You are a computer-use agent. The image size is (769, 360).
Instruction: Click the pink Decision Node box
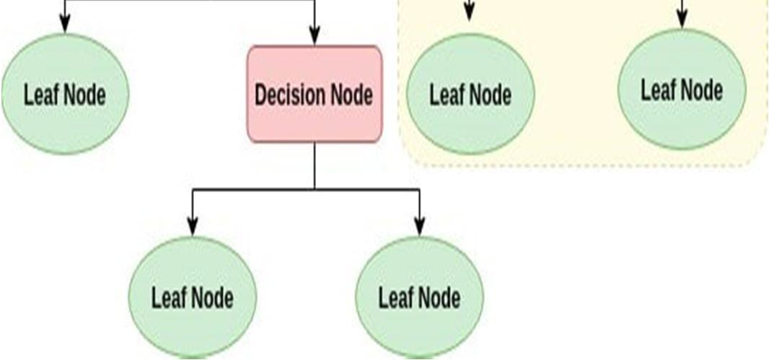314,94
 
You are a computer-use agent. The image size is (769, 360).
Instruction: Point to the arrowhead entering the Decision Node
314,36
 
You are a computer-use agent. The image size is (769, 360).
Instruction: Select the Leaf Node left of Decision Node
65,94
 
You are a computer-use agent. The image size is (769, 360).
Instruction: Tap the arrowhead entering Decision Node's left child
192,227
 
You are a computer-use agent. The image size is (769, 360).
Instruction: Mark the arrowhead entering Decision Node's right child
420,227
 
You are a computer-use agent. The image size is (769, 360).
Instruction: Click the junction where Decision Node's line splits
315,190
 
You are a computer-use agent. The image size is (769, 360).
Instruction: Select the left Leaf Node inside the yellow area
470,94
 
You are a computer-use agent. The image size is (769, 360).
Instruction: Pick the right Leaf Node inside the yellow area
682,90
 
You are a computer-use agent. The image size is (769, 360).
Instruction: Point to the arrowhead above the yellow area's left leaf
470,13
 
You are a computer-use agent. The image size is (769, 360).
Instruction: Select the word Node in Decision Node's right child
439,297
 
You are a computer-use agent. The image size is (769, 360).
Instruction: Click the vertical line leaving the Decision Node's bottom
315,165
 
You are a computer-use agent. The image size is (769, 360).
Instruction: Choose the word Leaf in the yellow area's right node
657,90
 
